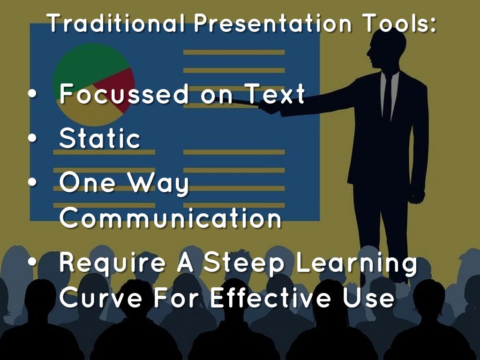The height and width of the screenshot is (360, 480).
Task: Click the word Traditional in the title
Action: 116,23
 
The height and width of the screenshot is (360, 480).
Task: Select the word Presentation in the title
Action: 273,23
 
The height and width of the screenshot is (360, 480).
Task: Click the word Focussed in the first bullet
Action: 124,94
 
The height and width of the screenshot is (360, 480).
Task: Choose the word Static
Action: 99,138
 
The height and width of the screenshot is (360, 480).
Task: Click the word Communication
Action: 170,217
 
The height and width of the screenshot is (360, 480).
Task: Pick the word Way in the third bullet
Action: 158,183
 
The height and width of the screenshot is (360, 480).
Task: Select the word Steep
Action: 244,262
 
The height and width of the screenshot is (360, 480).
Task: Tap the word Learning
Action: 356,262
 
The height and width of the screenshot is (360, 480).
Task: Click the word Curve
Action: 101,297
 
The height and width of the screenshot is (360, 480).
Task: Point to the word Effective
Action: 270,297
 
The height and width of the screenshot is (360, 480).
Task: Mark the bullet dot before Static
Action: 32,139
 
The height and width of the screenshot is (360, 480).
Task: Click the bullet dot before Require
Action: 32,262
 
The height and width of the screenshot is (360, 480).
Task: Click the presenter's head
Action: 386,49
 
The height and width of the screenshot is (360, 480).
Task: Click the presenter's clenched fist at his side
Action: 417,196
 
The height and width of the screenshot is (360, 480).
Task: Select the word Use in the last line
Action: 368,297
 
